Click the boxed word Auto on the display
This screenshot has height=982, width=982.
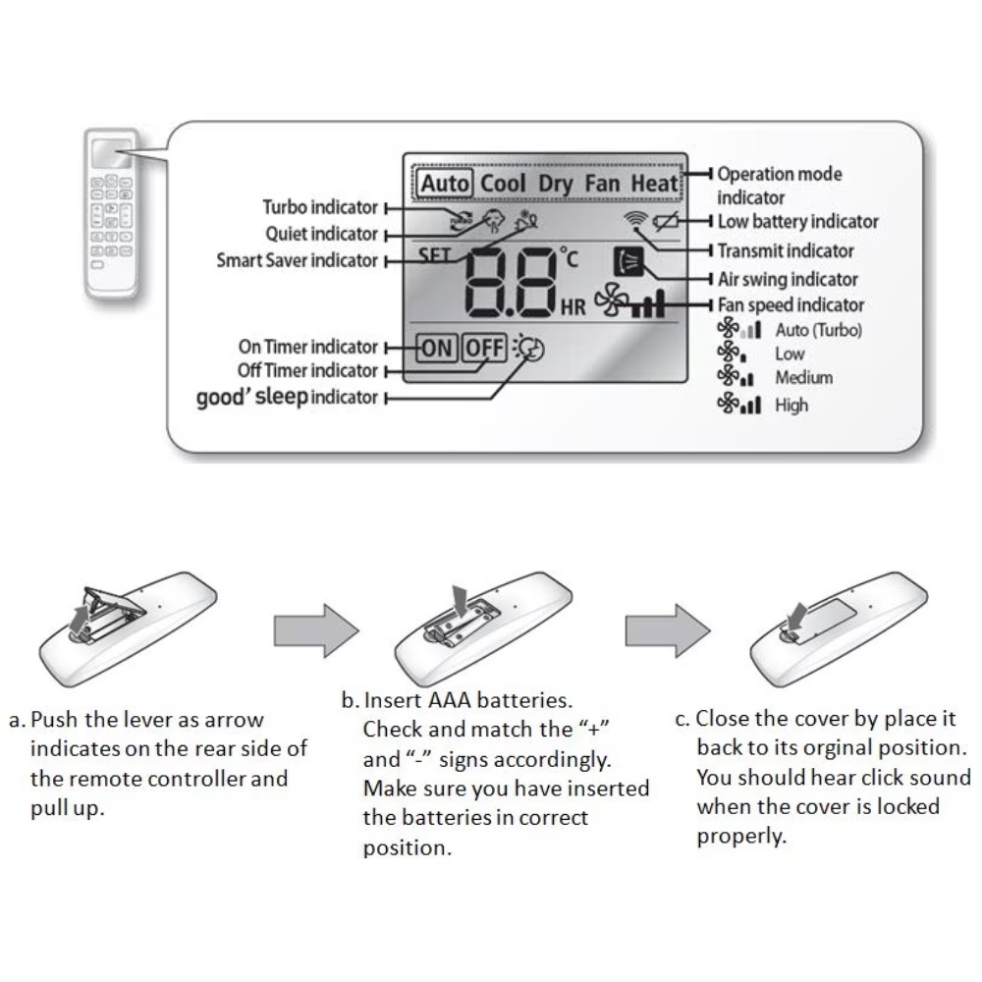click(446, 184)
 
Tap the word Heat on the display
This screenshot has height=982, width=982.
click(654, 184)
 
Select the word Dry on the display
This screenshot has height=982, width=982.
click(556, 184)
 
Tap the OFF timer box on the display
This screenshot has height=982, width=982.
click(484, 347)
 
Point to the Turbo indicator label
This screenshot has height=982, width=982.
click(320, 207)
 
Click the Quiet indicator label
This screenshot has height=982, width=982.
click(321, 234)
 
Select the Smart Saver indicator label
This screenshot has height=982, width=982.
click(298, 260)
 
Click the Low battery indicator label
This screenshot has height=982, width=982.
click(797, 222)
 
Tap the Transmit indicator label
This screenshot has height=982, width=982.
click(786, 250)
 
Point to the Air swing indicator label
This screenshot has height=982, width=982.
click(788, 279)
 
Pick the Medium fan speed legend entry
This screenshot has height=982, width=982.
click(803, 377)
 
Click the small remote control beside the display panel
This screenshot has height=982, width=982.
click(114, 211)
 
